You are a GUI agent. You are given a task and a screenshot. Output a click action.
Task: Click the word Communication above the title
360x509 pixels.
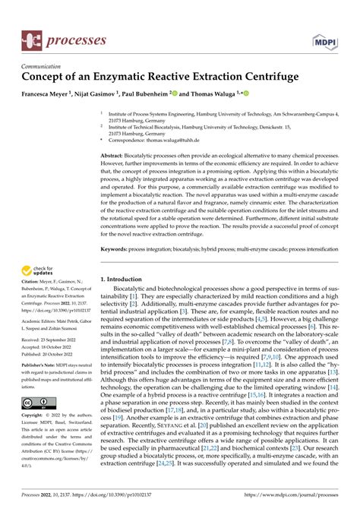point(44,66)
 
